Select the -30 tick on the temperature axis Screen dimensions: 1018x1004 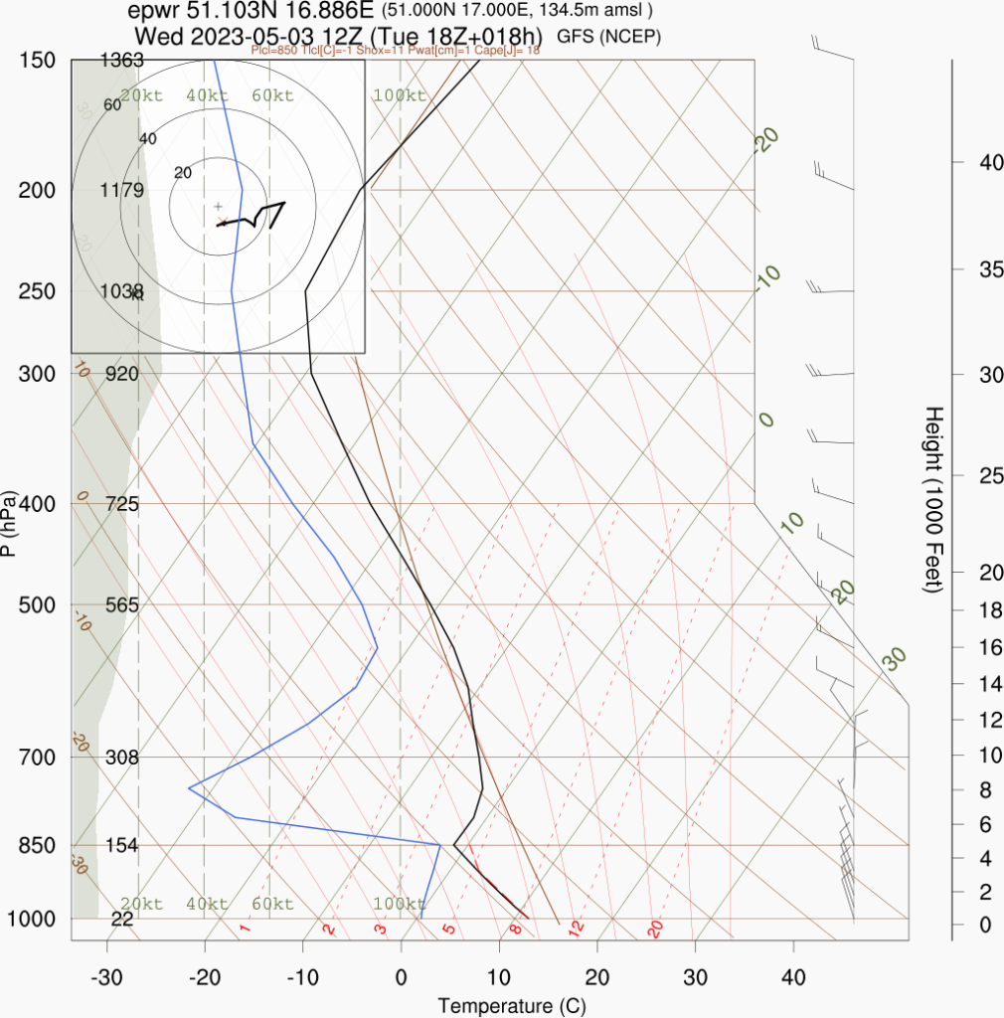point(106,977)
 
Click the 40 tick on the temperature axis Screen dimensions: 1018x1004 point(793,977)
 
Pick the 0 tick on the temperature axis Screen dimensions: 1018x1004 point(401,977)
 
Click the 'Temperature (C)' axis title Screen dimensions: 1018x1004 point(511,1005)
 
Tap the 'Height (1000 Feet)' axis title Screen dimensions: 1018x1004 point(932,499)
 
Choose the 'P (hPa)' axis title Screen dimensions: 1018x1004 point(9,524)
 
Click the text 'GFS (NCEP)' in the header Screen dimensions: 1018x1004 point(609,37)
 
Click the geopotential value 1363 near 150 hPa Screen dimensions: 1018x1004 point(122,61)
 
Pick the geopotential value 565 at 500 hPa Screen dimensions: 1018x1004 point(122,605)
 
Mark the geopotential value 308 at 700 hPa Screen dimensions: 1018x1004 point(122,758)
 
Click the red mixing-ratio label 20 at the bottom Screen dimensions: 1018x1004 point(655,930)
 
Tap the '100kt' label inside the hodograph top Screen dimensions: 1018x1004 point(400,96)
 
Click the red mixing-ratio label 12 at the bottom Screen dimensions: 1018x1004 point(575,930)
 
